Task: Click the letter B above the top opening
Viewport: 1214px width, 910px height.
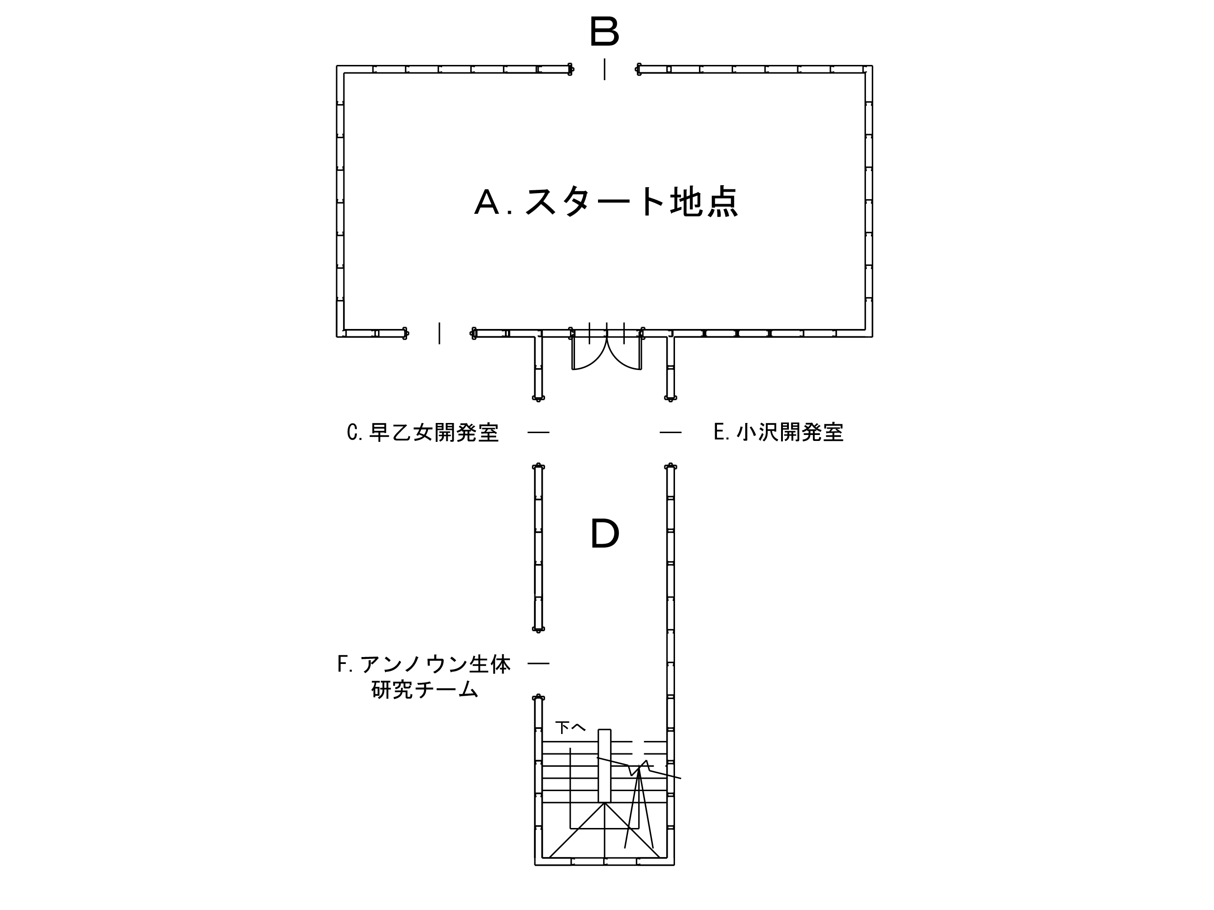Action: [604, 31]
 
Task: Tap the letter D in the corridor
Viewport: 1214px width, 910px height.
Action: [605, 533]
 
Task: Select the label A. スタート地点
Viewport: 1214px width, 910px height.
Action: [606, 202]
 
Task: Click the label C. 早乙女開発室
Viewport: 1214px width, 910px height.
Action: [423, 433]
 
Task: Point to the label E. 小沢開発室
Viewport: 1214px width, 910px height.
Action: [778, 432]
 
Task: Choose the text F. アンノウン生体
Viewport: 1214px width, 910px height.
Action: [424, 664]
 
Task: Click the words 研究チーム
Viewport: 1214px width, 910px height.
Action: [425, 689]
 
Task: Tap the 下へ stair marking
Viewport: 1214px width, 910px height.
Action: [570, 728]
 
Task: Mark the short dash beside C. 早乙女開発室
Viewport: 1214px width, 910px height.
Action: [539, 433]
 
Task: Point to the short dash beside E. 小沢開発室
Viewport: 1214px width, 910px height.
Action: [671, 433]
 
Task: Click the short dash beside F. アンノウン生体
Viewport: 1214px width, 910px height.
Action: [539, 663]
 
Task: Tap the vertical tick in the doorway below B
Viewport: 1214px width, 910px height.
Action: [605, 69]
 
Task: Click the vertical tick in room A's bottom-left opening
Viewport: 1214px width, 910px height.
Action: [439, 334]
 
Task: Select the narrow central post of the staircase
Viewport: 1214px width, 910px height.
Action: [604, 766]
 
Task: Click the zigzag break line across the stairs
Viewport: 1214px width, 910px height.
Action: [640, 768]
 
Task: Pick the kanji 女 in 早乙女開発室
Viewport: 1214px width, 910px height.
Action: [423, 433]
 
